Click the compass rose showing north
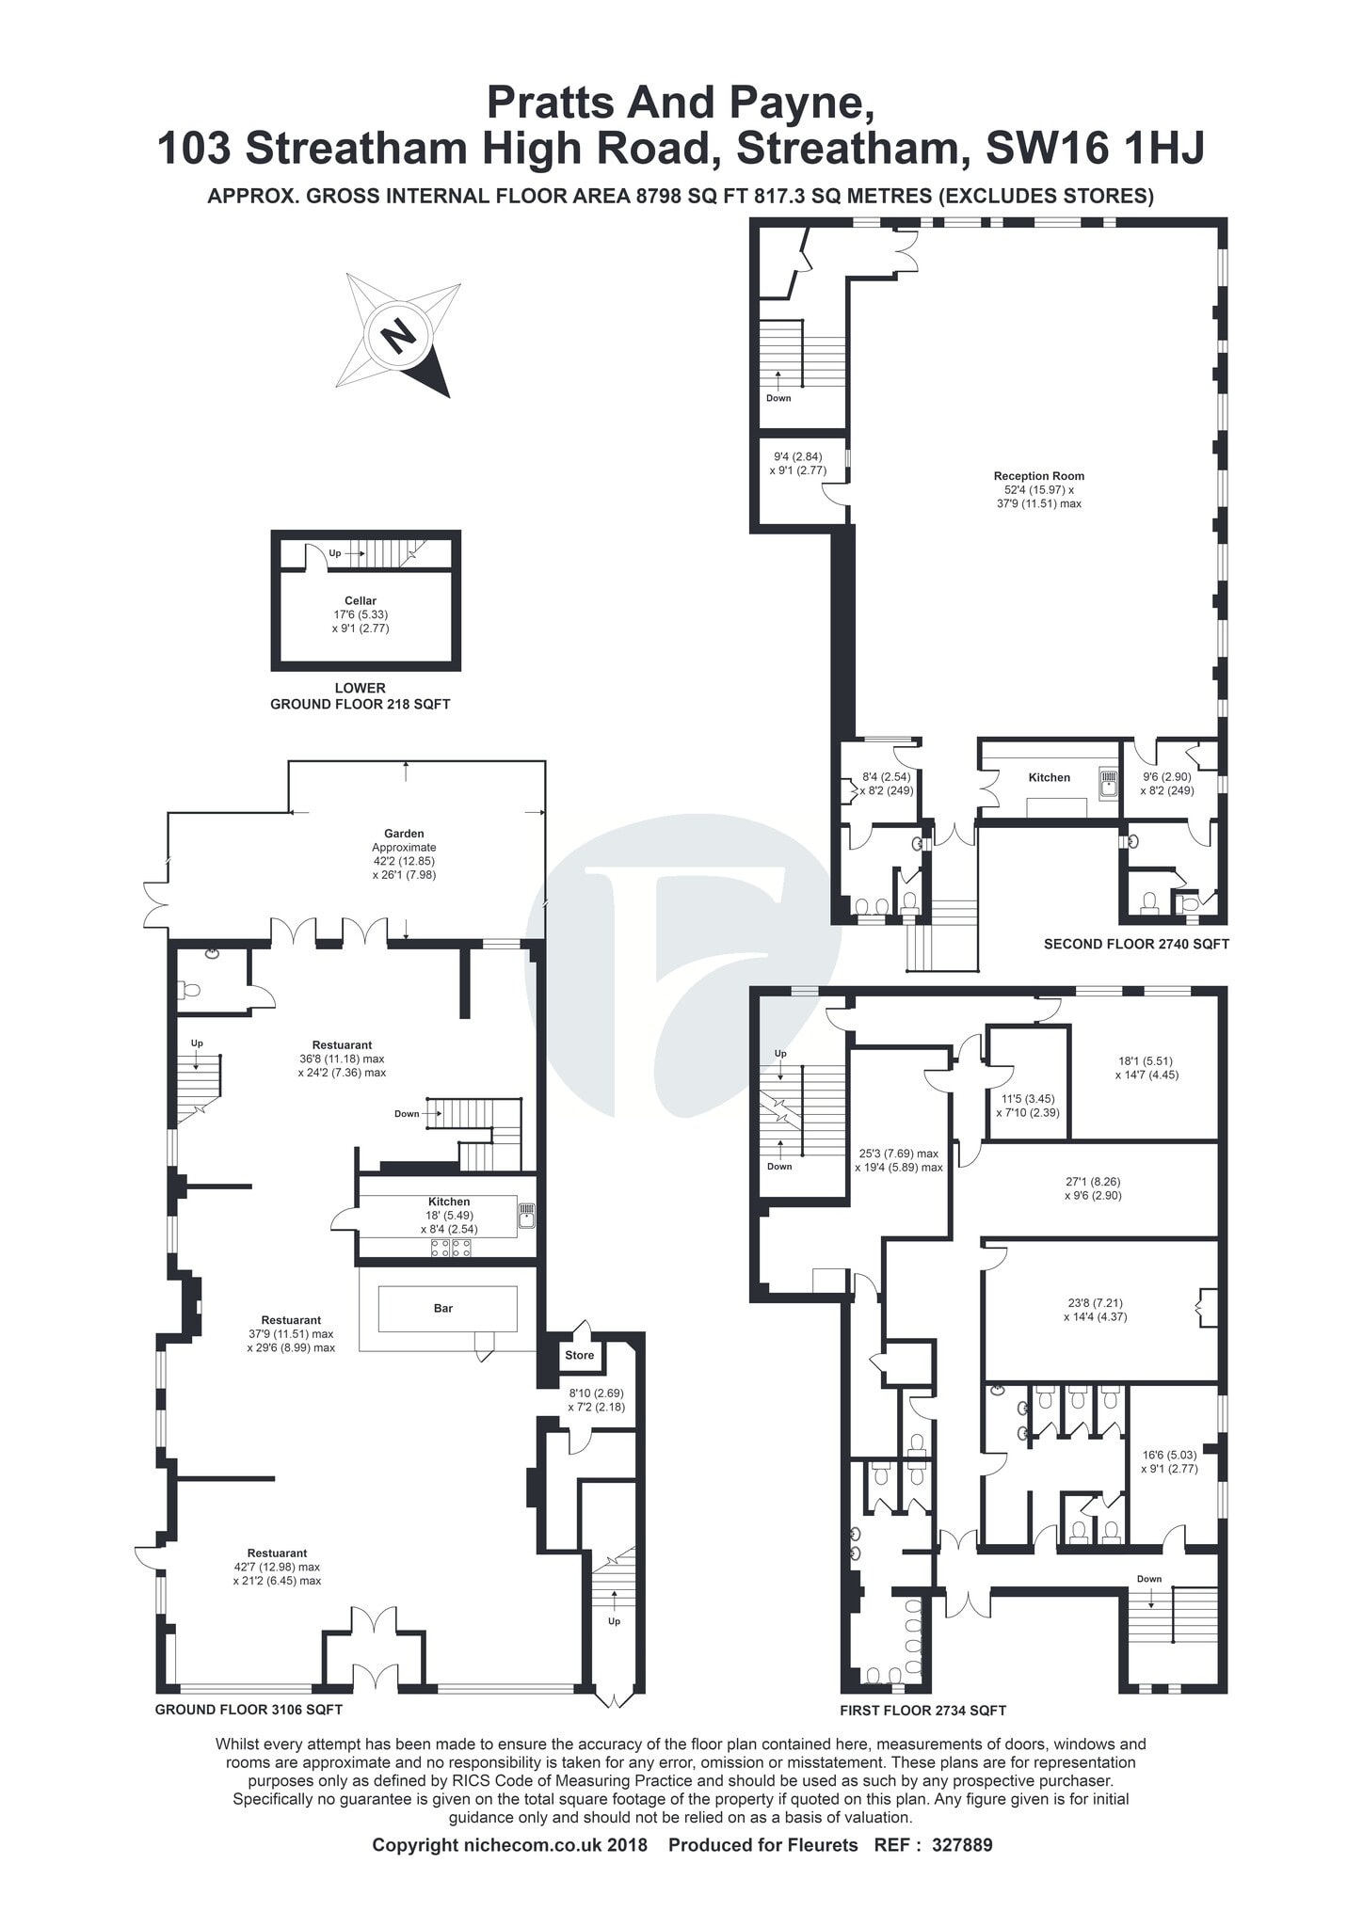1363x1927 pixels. pyautogui.click(x=399, y=334)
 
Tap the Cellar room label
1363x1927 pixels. pyautogui.click(x=361, y=600)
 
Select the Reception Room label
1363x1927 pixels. pyautogui.click(x=1038, y=476)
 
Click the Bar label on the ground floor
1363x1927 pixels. pyautogui.click(x=442, y=1308)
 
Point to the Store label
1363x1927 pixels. pyautogui.click(x=579, y=1355)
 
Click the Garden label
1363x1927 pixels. pyautogui.click(x=404, y=834)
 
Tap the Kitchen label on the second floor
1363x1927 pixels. pyautogui.click(x=1049, y=777)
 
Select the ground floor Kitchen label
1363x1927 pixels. pyautogui.click(x=449, y=1202)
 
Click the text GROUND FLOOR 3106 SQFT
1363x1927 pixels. pyautogui.click(x=249, y=1710)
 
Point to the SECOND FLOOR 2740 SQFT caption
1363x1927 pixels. pyautogui.click(x=1136, y=944)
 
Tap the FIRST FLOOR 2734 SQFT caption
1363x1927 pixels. pyautogui.click(x=922, y=1711)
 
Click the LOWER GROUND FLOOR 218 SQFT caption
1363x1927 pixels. pyautogui.click(x=361, y=696)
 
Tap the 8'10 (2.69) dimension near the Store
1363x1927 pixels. pyautogui.click(x=596, y=1393)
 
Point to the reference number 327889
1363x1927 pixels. pyautogui.click(x=961, y=1845)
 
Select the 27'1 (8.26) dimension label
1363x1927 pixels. pyautogui.click(x=1093, y=1182)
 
